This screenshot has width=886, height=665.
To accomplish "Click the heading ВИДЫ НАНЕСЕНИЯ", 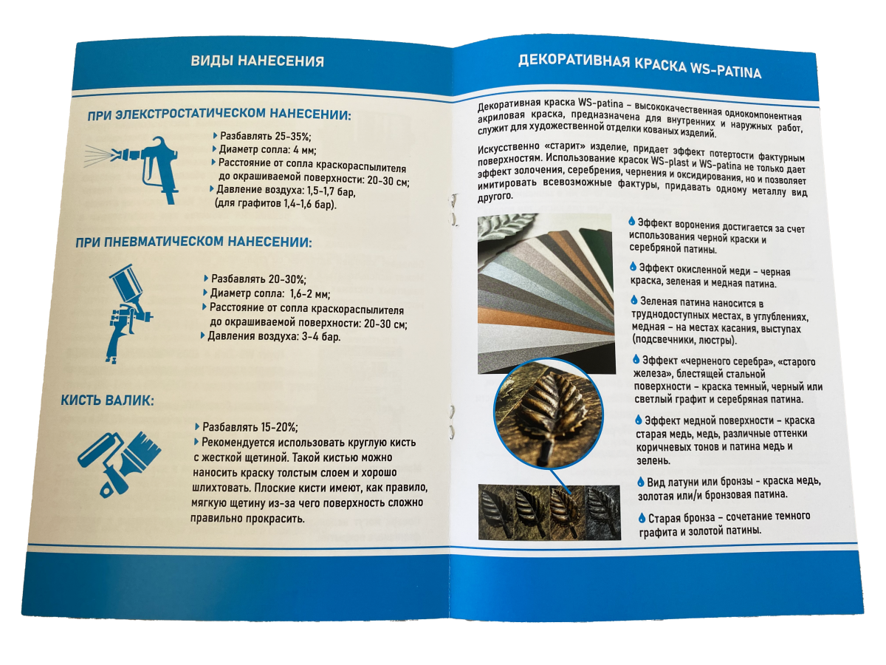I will click(257, 61).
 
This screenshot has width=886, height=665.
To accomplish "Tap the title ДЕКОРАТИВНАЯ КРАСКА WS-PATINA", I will click(639, 66).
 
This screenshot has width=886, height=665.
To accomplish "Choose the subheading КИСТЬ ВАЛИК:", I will click(108, 401).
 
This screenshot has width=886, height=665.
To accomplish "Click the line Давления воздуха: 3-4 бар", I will click(273, 336).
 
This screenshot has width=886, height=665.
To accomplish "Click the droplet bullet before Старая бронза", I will click(642, 518).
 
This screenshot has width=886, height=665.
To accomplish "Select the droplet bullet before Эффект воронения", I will click(632, 221).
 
